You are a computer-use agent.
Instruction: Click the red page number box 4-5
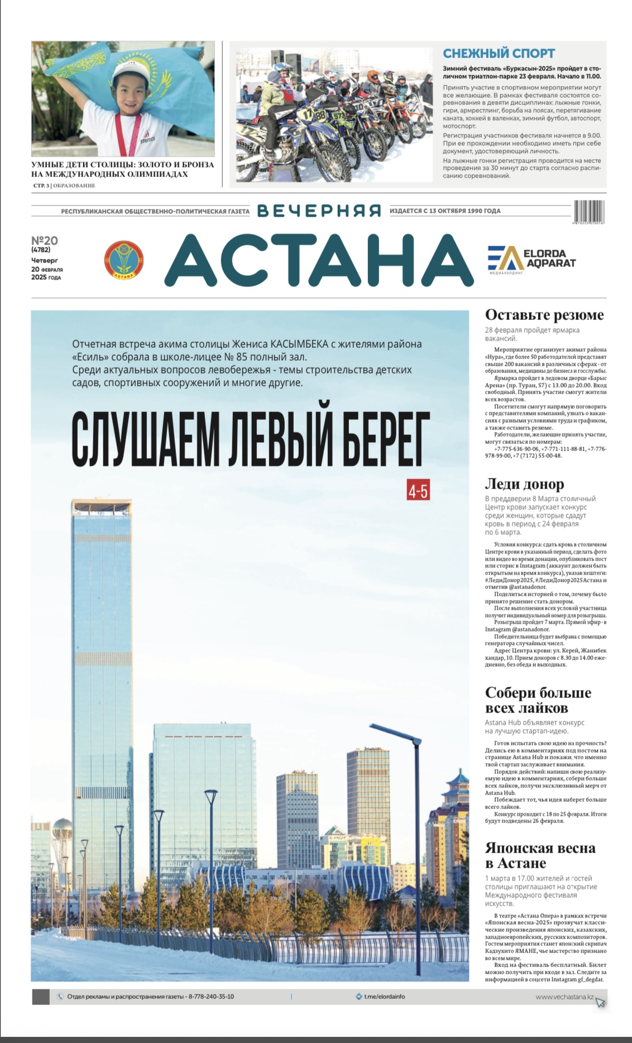pyautogui.click(x=418, y=491)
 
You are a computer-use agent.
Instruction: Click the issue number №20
pyautogui.click(x=45, y=241)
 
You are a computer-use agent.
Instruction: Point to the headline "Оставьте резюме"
pyautogui.click(x=544, y=315)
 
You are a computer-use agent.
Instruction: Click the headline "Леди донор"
pyautogui.click(x=524, y=484)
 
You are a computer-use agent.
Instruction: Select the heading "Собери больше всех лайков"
pyautogui.click(x=538, y=700)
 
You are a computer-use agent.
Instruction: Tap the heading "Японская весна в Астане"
pyautogui.click(x=540, y=855)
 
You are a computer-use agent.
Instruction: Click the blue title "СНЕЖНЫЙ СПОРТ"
pyautogui.click(x=499, y=54)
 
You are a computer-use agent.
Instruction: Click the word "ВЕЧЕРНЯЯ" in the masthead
pyautogui.click(x=319, y=211)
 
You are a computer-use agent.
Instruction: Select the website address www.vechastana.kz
pyautogui.click(x=564, y=997)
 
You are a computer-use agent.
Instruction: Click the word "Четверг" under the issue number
pyautogui.click(x=45, y=260)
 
